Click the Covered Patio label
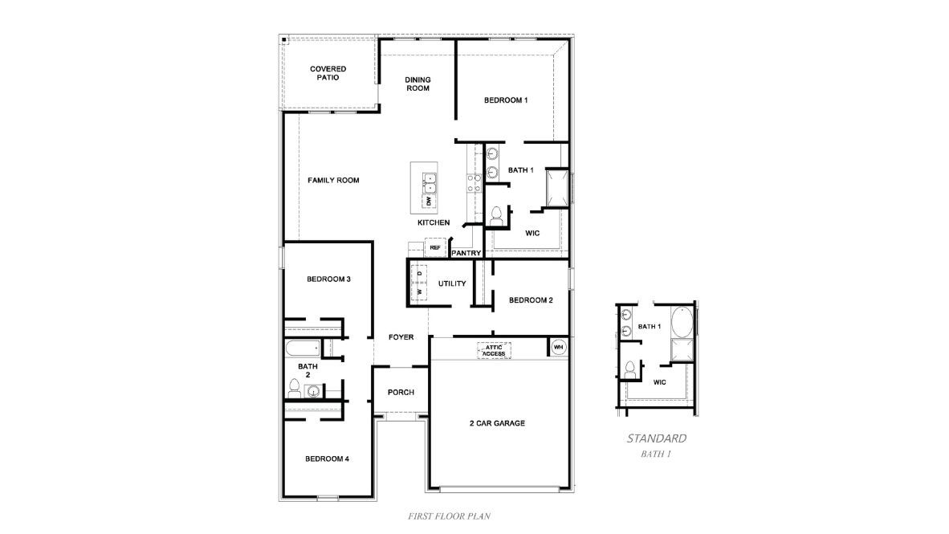(x=328, y=73)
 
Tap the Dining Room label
(x=417, y=84)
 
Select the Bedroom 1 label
(x=506, y=100)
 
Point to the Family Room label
(x=333, y=181)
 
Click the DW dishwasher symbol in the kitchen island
(x=429, y=201)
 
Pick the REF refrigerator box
(x=435, y=248)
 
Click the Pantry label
(x=466, y=254)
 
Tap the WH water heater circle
(x=559, y=347)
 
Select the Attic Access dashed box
(x=494, y=350)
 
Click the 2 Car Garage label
(x=497, y=423)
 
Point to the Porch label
(x=401, y=393)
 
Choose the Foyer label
(x=401, y=337)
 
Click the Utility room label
(x=452, y=283)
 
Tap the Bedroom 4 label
(x=327, y=459)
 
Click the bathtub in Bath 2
(x=301, y=349)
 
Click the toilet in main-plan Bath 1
(x=496, y=215)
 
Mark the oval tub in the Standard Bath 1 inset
(x=682, y=323)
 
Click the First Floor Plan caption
(x=450, y=516)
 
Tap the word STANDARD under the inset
(x=656, y=438)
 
